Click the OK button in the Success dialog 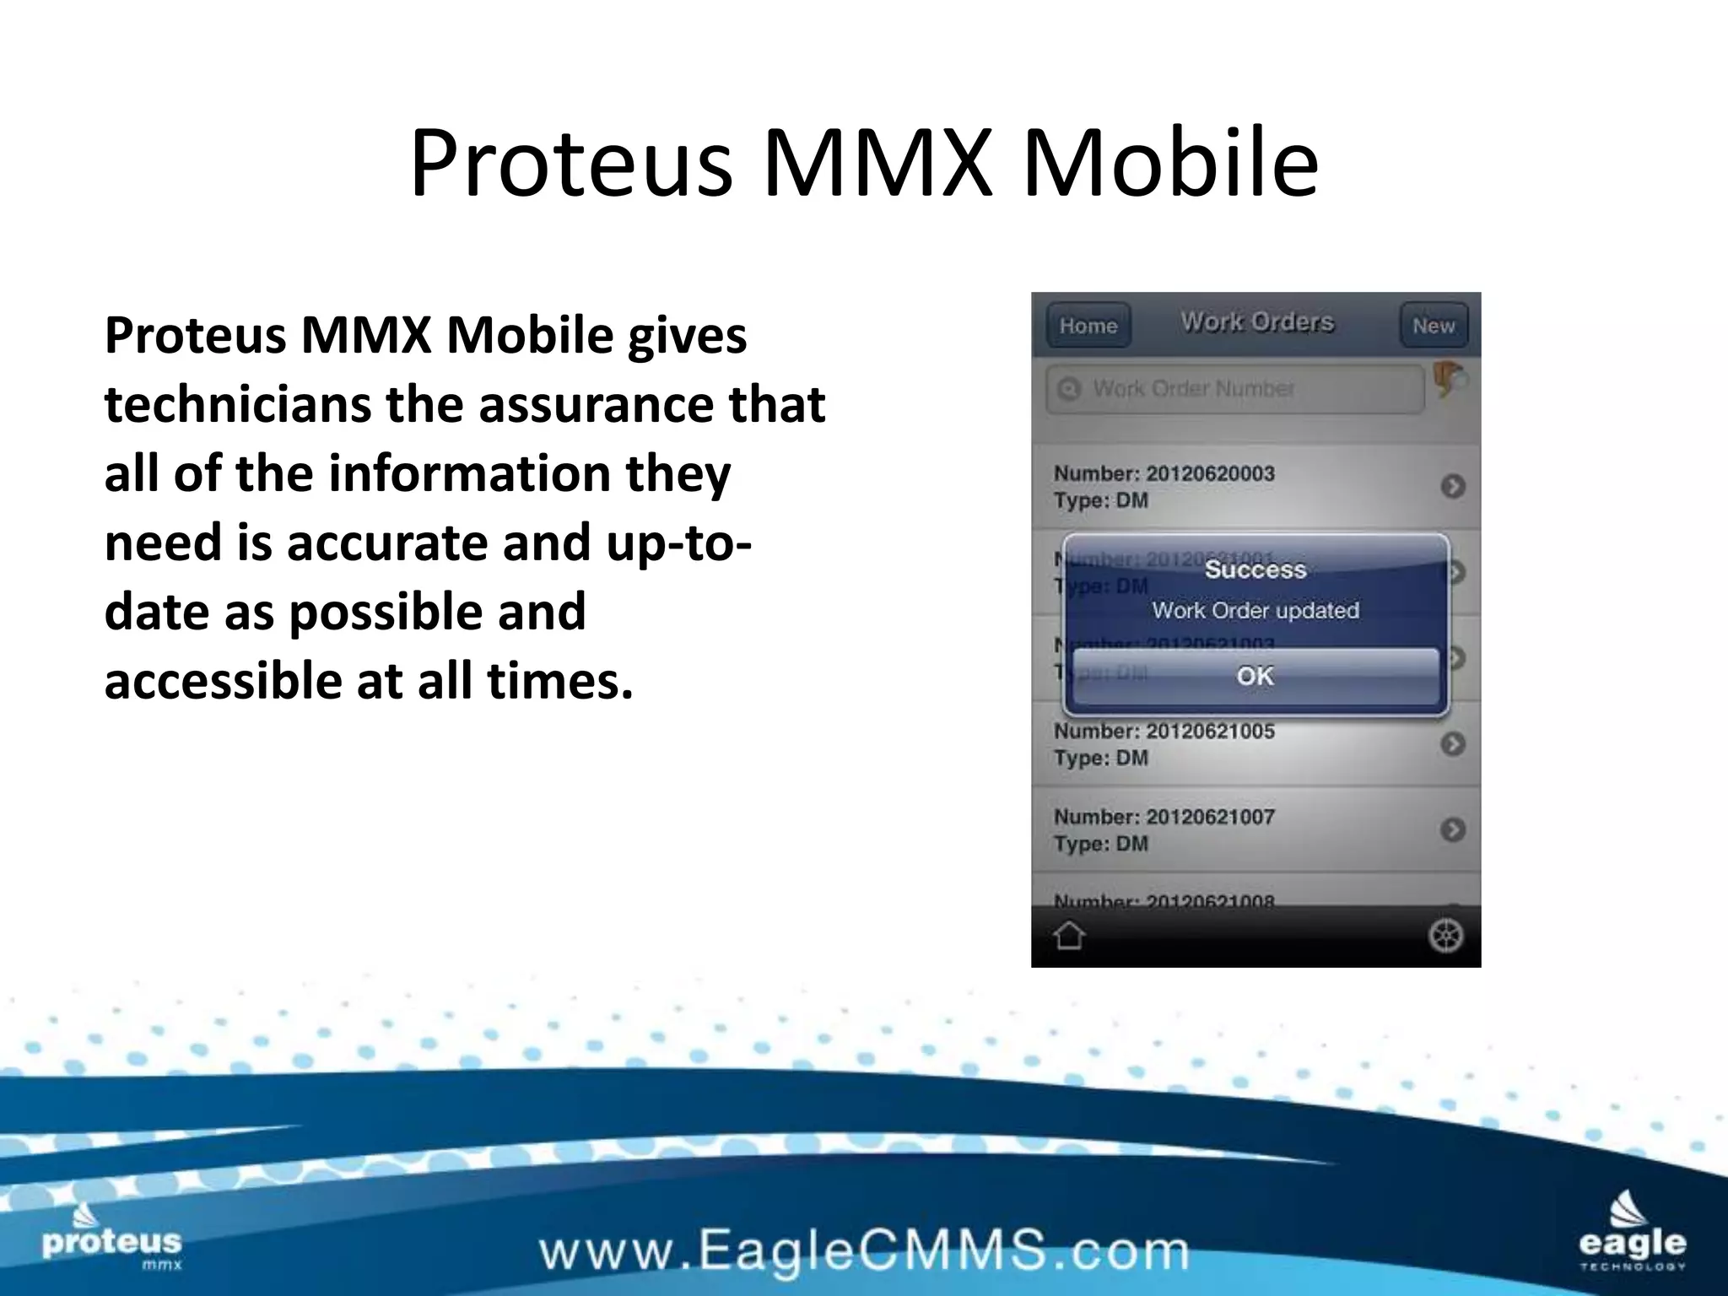tap(1255, 676)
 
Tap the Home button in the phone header tap(1088, 326)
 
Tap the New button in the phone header tap(1434, 326)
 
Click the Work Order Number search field tap(1234, 389)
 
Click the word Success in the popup tap(1255, 570)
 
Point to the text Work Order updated tap(1255, 610)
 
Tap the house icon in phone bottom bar tap(1069, 936)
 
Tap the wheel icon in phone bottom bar tap(1444, 936)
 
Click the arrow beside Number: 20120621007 tap(1452, 829)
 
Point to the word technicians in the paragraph tap(237, 403)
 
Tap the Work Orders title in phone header tap(1256, 322)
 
